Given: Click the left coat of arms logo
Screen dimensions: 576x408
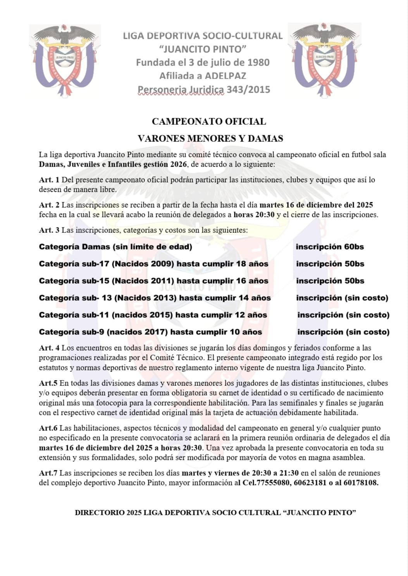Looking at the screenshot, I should (x=65, y=61).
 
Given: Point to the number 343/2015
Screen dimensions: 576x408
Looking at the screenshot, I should (x=248, y=89).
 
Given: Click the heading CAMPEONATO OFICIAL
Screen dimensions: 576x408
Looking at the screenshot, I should (x=209, y=121).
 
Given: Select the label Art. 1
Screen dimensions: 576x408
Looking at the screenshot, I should (x=49, y=180).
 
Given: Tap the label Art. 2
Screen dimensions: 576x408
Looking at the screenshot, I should (x=49, y=205).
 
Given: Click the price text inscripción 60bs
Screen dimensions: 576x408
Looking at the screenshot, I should (x=330, y=247).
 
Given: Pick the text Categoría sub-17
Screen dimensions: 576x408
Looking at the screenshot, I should (x=74, y=264).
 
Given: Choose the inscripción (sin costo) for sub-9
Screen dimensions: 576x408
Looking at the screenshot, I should (x=343, y=332).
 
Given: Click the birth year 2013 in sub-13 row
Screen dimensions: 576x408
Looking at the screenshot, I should (x=161, y=298).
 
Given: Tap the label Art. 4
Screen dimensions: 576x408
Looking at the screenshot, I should (x=49, y=348).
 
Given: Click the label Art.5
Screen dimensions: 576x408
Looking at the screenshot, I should (x=48, y=383).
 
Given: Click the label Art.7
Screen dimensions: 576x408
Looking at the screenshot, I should (x=48, y=473).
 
